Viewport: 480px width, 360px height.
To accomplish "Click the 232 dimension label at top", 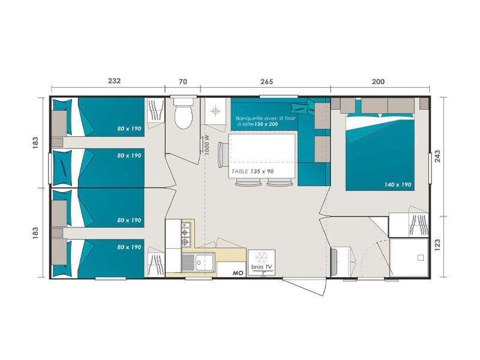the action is [114, 81].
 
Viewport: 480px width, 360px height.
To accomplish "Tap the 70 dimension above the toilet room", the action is [183, 82].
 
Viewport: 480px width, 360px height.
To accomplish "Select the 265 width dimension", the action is [266, 82].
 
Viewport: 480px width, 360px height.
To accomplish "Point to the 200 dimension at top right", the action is [378, 82].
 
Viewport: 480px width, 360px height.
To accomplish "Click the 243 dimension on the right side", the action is [437, 156].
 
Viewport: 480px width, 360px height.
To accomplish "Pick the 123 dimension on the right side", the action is [437, 245].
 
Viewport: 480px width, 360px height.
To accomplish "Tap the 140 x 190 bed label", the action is [398, 185].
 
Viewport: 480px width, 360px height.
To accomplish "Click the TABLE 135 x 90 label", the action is [253, 172].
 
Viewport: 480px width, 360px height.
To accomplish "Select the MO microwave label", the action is [238, 273].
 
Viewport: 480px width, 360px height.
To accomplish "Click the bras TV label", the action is [262, 267].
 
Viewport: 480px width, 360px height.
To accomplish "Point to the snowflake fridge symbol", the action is [262, 258].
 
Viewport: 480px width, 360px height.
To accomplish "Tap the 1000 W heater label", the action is [206, 145].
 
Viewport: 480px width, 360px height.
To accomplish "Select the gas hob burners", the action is [185, 233].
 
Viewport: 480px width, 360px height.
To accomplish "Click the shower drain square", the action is [421, 258].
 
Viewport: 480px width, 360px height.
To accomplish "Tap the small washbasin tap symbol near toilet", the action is [215, 110].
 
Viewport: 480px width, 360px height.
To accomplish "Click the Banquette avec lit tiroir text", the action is [265, 118].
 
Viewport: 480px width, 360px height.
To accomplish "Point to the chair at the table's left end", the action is [223, 155].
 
